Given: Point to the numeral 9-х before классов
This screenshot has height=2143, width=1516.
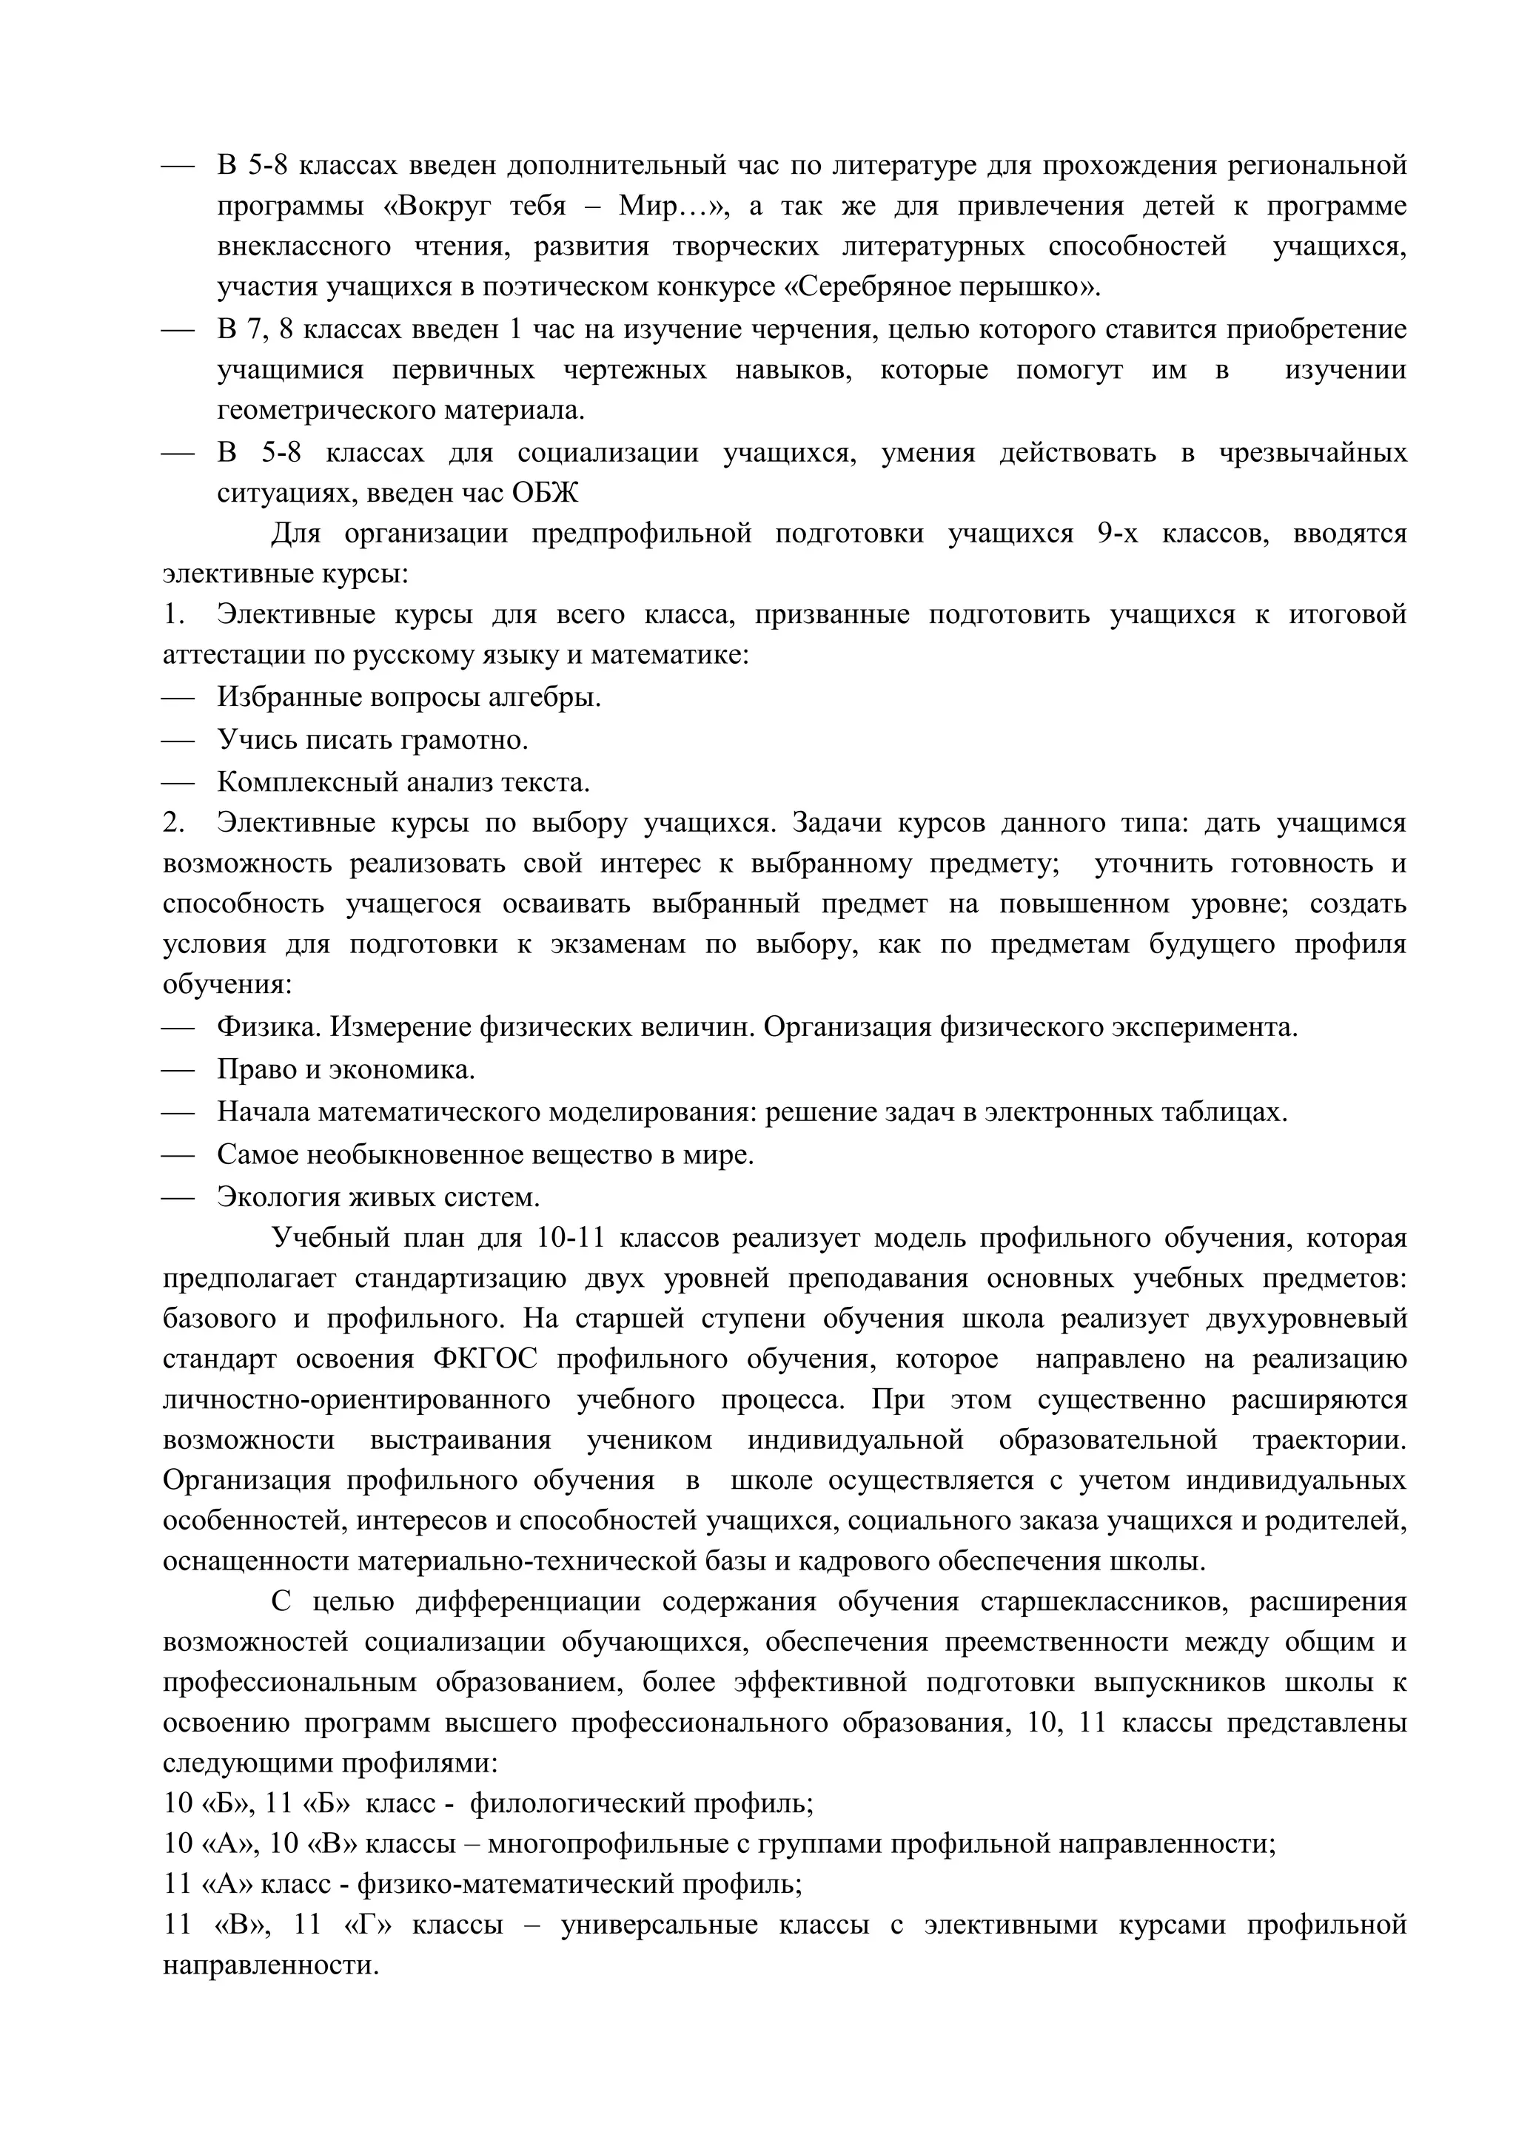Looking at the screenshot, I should (1118, 533).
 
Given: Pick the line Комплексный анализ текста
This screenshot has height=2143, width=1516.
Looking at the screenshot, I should (403, 781).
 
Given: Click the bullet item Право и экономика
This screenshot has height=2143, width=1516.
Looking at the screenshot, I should (346, 1069).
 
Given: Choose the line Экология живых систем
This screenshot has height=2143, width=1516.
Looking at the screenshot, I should (378, 1196).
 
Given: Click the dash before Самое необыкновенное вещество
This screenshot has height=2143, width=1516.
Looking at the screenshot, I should (178, 1154).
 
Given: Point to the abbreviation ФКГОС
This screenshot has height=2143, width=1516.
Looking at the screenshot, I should (486, 1359).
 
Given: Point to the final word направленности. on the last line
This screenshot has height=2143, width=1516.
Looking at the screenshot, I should (271, 1965).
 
